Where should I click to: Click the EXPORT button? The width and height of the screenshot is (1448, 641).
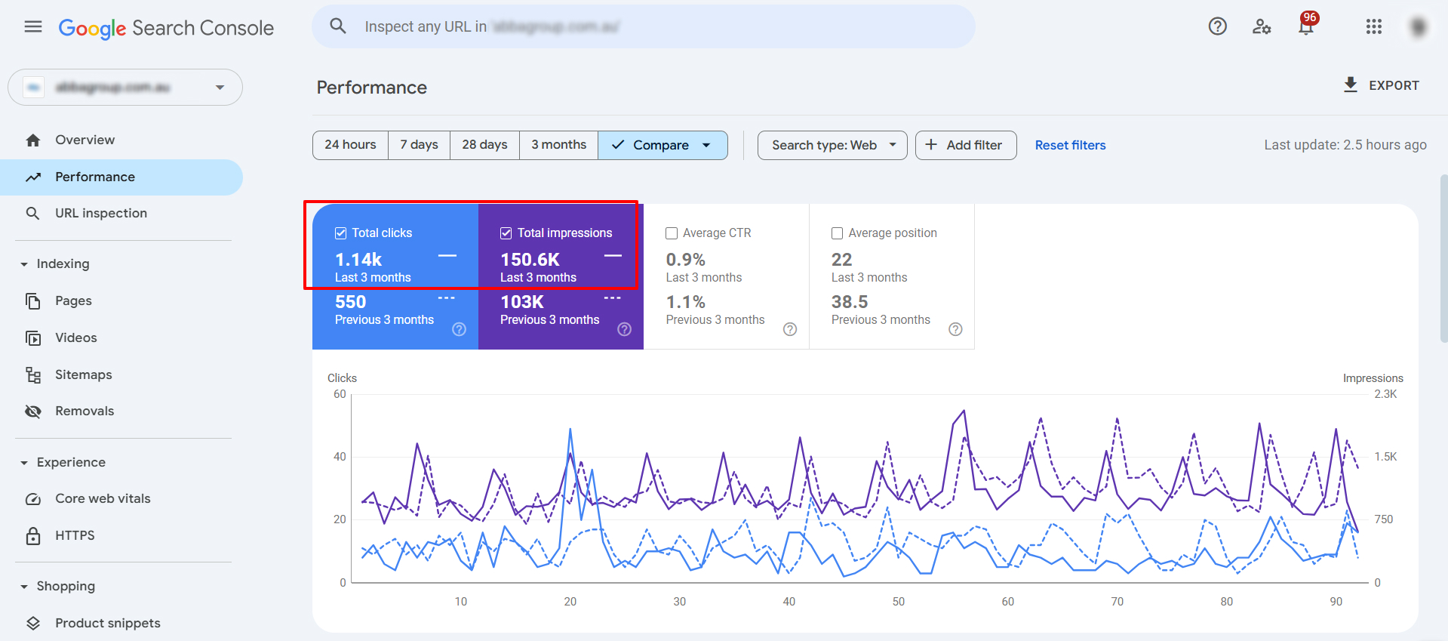tap(1382, 85)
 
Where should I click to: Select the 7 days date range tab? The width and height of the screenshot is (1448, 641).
tap(419, 145)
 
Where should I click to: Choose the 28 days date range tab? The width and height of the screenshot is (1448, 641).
tap(484, 145)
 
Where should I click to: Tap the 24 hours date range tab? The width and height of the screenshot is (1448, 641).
tap(350, 145)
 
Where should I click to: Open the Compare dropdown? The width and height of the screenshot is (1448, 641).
tap(663, 145)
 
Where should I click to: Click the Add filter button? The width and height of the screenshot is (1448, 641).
tap(965, 145)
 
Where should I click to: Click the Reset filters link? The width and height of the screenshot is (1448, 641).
tap(1070, 145)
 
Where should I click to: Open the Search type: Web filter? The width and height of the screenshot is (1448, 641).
tap(832, 145)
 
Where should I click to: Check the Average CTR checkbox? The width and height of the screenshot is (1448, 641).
tap(672, 233)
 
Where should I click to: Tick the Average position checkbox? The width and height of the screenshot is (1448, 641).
tap(837, 233)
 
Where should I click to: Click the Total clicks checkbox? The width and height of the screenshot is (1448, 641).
tap(341, 233)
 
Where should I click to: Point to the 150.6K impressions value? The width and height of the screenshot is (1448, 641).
tap(530, 260)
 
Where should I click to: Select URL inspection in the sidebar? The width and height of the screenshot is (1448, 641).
tap(100, 213)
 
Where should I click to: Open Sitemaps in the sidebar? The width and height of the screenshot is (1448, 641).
tap(83, 374)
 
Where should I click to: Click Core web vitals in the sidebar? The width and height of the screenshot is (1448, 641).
tap(103, 498)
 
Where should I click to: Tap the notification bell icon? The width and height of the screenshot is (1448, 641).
tap(1305, 27)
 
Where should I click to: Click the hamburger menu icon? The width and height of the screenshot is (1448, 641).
tap(33, 27)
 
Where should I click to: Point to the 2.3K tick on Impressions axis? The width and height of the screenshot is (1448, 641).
tap(1385, 394)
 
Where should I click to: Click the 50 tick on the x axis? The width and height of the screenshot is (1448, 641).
tap(898, 602)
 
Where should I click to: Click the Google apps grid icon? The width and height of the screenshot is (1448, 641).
tap(1373, 27)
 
